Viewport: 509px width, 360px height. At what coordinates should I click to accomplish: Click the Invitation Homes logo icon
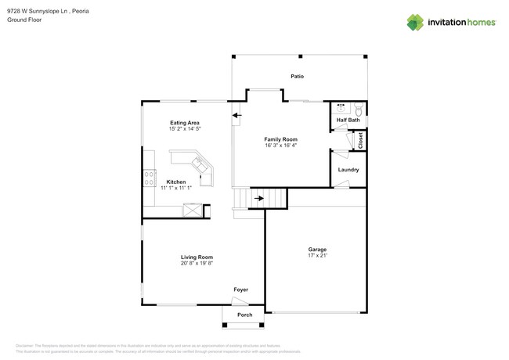tap(415, 22)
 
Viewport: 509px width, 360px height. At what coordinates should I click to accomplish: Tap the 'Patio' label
tap(297, 77)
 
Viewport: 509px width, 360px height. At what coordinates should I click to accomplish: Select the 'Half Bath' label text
tap(348, 120)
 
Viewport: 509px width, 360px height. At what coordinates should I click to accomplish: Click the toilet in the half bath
tap(357, 109)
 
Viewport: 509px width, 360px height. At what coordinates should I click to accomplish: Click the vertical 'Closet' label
tap(361, 140)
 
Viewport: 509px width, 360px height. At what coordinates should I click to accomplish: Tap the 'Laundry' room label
tap(348, 170)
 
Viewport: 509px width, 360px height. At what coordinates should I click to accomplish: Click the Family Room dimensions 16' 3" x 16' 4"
tap(280, 145)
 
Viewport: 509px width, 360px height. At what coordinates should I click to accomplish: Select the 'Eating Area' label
tap(185, 123)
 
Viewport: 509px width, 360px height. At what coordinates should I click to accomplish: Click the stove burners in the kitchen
tap(147, 178)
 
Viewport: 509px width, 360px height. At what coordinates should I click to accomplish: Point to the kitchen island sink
tap(201, 165)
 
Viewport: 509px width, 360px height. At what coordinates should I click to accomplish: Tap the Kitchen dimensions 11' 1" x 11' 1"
tap(175, 188)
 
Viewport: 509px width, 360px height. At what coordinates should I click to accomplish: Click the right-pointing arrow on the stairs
tap(259, 199)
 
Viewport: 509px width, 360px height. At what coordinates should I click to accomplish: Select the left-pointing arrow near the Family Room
tap(236, 117)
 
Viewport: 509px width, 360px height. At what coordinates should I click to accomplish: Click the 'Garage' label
tap(317, 250)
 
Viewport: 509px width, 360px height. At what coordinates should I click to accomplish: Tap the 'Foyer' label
tap(240, 290)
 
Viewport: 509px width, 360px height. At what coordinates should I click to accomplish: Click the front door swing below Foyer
tap(240, 301)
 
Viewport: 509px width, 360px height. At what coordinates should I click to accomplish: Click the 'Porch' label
tap(244, 315)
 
